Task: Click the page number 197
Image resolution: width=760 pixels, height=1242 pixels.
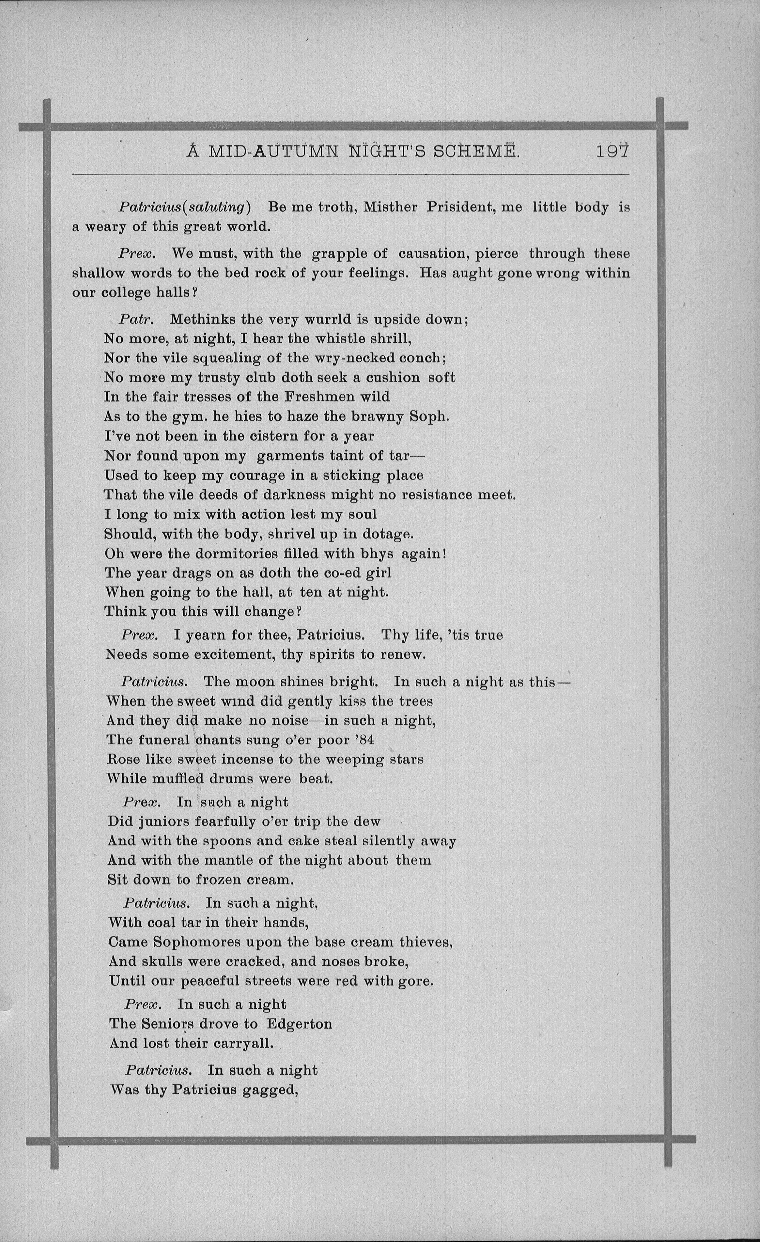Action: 612,151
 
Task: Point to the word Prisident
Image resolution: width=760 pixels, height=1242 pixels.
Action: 459,207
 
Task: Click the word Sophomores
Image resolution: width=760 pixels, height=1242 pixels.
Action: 189,942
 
